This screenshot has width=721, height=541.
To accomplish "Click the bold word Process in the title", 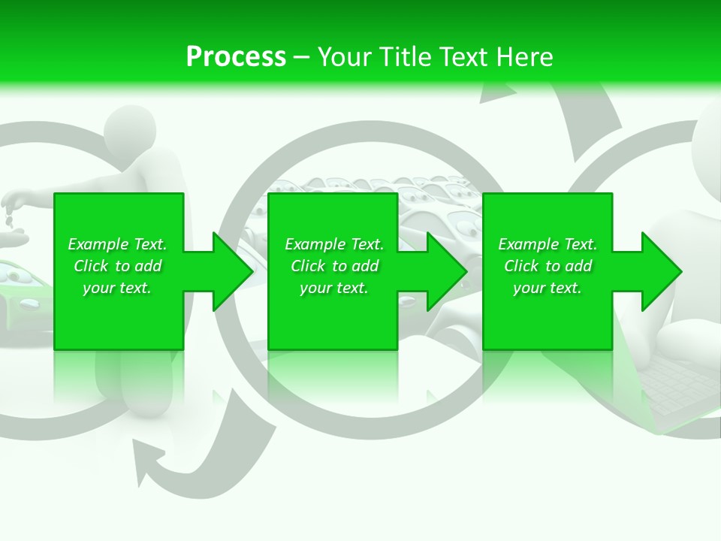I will (x=236, y=56).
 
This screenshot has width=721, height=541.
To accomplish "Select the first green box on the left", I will (x=119, y=316).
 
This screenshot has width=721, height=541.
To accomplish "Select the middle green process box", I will (x=333, y=316).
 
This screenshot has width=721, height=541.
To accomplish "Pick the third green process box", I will (x=547, y=316).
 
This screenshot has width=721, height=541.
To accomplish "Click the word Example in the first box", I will (x=98, y=244).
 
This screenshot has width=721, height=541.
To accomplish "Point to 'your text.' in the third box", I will (x=547, y=288).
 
